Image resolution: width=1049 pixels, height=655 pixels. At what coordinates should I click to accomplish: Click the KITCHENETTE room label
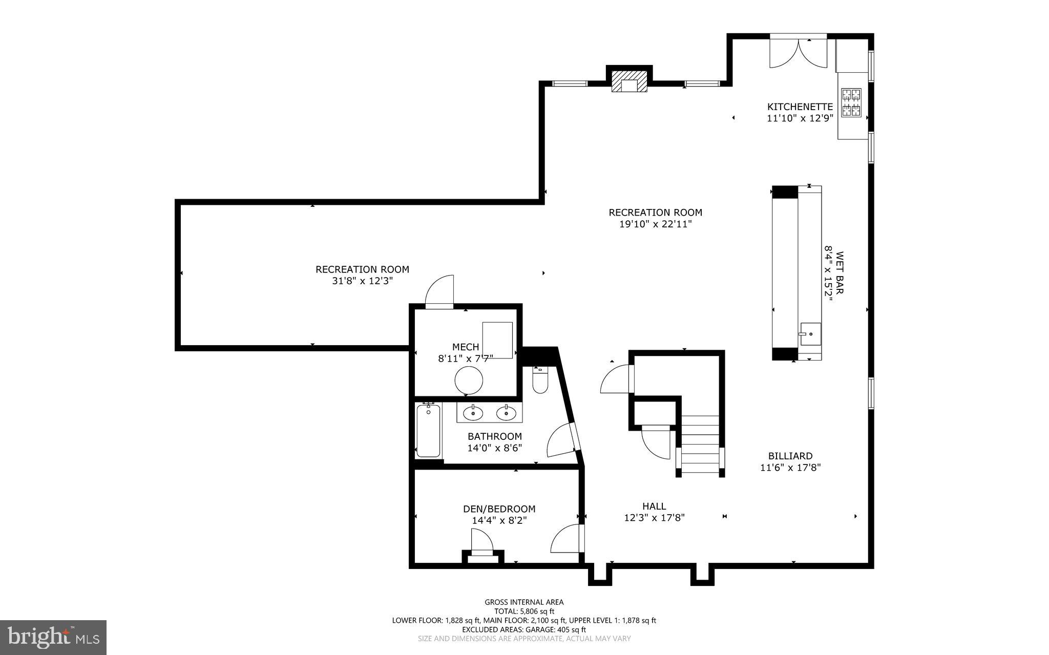800,107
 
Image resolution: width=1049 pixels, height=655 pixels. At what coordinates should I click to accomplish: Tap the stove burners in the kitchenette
851,102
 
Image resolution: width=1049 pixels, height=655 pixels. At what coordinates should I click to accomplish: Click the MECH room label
465,347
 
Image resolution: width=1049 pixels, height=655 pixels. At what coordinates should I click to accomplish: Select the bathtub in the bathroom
428,430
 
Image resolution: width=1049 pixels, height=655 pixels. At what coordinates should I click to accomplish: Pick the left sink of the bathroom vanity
473,412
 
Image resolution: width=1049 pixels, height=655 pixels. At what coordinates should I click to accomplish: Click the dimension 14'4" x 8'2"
499,520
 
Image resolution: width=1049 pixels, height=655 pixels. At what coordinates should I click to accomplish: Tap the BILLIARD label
790,456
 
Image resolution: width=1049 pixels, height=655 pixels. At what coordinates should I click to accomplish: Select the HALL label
654,506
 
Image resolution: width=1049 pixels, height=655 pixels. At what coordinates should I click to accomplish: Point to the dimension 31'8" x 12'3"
362,281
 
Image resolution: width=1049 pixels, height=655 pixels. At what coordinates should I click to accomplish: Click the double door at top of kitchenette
798,52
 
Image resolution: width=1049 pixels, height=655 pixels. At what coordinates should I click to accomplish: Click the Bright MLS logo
53,637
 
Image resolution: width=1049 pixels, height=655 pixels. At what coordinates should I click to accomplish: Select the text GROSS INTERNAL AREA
524,602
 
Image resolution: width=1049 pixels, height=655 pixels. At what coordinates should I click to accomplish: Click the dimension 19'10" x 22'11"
655,224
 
